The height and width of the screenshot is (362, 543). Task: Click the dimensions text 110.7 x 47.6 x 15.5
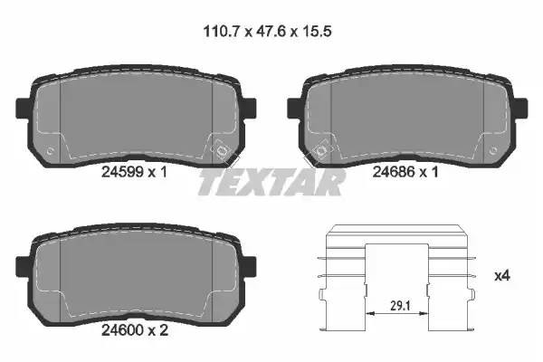267,32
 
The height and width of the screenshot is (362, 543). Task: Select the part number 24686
394,172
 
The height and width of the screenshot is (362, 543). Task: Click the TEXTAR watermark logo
271,182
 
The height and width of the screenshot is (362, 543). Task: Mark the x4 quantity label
501,276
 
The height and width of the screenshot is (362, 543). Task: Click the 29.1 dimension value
400,306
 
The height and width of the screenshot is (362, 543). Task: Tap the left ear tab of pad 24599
23,108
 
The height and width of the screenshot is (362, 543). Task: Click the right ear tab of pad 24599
249,107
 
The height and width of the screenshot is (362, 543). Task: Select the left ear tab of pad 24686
294,107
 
